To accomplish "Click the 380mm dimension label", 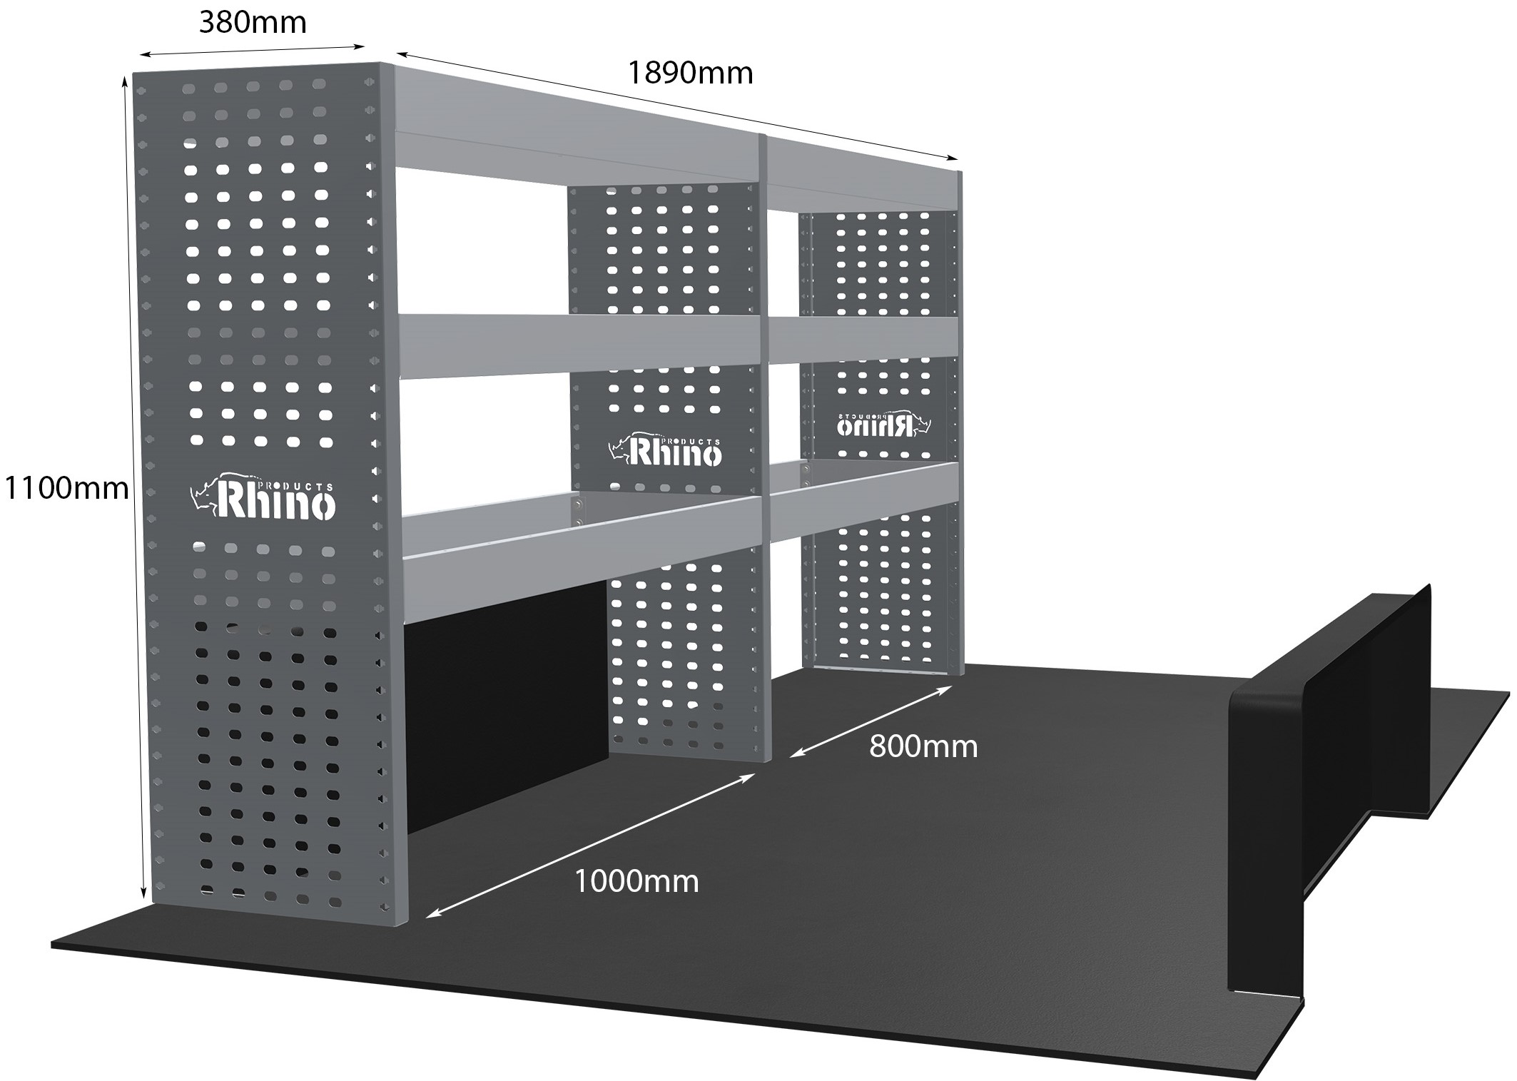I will (x=253, y=23).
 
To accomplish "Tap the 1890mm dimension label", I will (x=690, y=73).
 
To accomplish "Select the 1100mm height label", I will (x=66, y=488).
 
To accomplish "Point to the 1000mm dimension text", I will (x=636, y=882).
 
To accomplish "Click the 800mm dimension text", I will (x=923, y=746).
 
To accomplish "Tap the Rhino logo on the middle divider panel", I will (x=666, y=450).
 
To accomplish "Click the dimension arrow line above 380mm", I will (x=253, y=50).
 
